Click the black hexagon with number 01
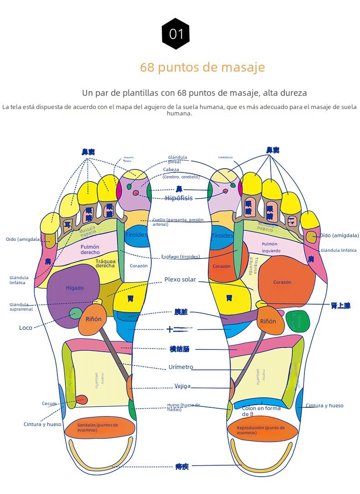(x=176, y=34)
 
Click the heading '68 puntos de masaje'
(x=202, y=68)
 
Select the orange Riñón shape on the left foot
(x=93, y=319)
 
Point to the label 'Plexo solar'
(x=180, y=280)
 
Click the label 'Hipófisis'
(x=179, y=198)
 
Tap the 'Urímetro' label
(x=181, y=367)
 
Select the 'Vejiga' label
(x=183, y=386)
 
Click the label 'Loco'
(x=26, y=328)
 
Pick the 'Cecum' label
(x=49, y=404)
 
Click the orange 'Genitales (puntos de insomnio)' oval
(x=99, y=427)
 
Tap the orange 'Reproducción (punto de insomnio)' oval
(x=262, y=430)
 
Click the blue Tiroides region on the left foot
(x=136, y=235)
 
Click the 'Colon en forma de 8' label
(x=261, y=411)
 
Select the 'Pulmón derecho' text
(x=90, y=250)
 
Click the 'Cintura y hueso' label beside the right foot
(x=324, y=406)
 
